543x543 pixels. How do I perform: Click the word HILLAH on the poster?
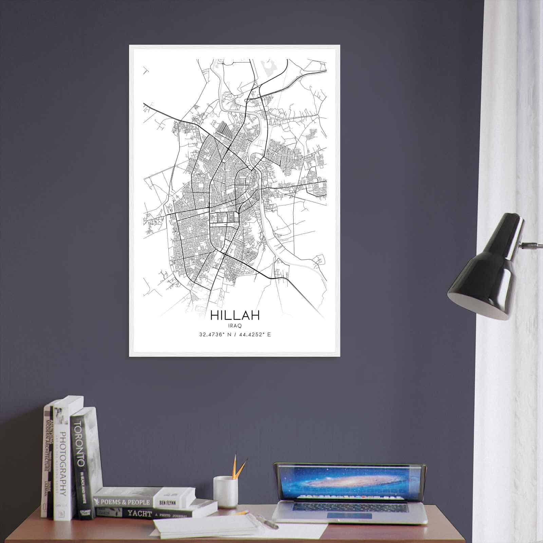tap(235, 315)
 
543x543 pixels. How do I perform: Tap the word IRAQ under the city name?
tap(235, 326)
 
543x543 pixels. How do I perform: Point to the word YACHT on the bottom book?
tap(139, 513)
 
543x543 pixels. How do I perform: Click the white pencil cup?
tap(225, 491)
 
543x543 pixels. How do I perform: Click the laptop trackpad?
tap(350, 516)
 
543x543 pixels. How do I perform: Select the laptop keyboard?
tap(350, 506)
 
